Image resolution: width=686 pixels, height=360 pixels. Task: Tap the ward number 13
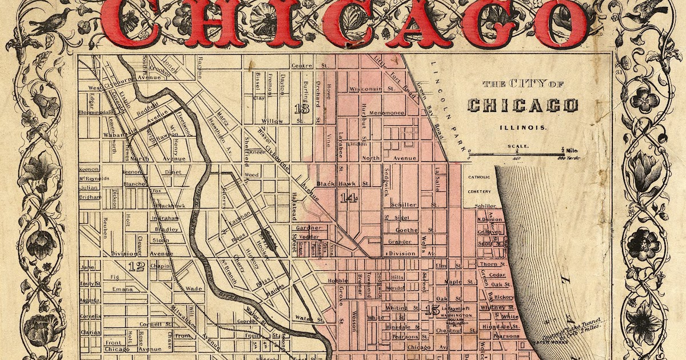pyautogui.click(x=301, y=108)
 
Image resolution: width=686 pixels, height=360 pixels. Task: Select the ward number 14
pyautogui.click(x=347, y=198)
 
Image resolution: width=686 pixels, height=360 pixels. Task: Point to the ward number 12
pyautogui.click(x=136, y=266)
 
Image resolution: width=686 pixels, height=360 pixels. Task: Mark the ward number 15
pyautogui.click(x=432, y=311)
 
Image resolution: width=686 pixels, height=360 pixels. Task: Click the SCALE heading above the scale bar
pyautogui.click(x=516, y=146)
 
